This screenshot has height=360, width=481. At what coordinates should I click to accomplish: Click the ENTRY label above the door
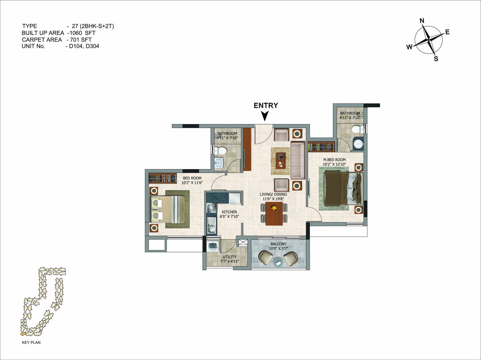266,105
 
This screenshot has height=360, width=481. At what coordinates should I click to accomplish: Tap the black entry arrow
265,116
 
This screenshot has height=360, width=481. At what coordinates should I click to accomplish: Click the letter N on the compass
422,21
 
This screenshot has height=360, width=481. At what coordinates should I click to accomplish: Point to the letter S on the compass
436,59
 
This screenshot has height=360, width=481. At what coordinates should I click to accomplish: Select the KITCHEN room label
229,212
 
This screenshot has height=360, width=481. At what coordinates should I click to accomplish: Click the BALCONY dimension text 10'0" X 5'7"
278,248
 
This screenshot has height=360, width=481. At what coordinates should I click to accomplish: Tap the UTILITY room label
229,257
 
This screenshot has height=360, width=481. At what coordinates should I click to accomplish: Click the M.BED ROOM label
334,160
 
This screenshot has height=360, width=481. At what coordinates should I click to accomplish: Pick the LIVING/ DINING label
273,194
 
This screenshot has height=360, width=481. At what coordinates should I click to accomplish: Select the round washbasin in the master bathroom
359,144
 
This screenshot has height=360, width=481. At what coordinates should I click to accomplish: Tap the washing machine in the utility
213,245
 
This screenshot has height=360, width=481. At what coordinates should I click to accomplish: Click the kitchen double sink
212,226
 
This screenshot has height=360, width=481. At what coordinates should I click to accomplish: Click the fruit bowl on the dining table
273,208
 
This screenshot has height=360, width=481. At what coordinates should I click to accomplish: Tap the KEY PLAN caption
31,342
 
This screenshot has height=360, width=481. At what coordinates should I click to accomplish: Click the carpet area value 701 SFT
81,40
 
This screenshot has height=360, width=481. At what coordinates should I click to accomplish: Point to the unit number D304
92,46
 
